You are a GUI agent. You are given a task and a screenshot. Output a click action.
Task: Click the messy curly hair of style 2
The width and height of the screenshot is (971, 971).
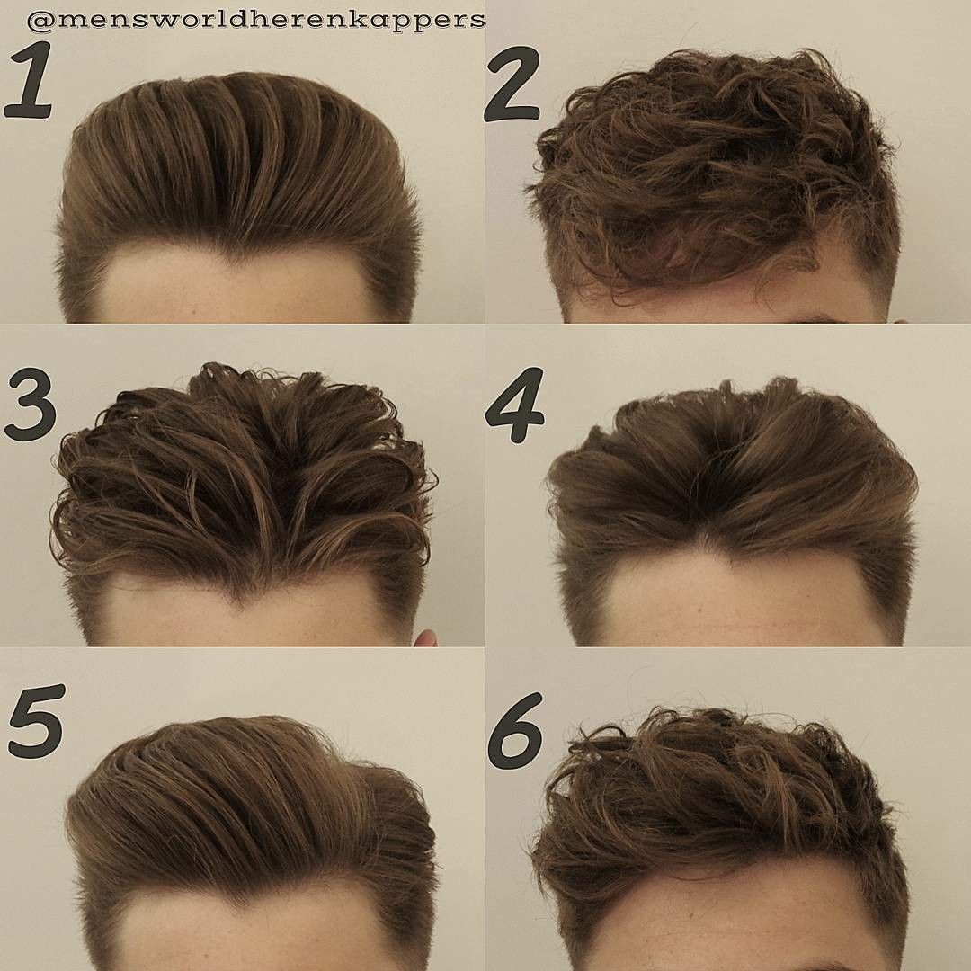710,171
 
